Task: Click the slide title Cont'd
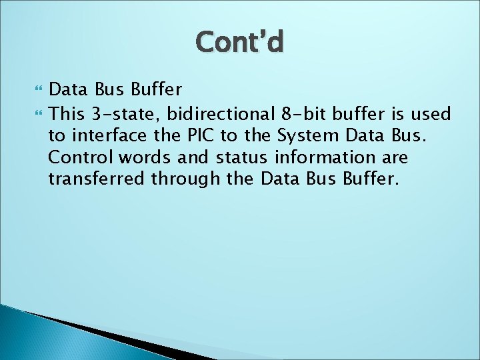click(x=240, y=42)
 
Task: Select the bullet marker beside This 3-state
click(x=35, y=114)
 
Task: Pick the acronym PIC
click(x=189, y=137)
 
